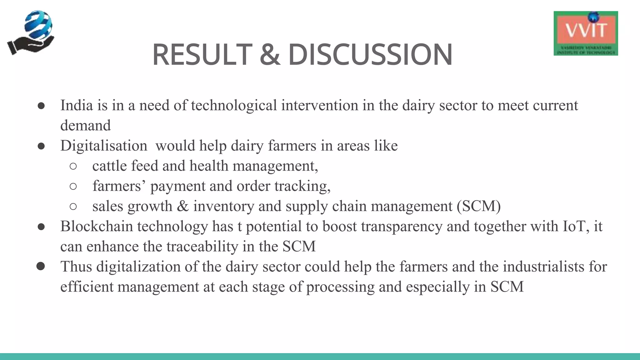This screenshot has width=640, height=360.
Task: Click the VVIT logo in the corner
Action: (586, 33)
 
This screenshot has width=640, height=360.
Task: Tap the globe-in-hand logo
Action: (31, 33)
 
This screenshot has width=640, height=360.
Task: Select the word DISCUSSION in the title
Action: (370, 55)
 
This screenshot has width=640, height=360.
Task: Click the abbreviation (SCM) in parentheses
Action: (478, 206)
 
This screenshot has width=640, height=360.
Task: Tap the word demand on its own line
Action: (85, 126)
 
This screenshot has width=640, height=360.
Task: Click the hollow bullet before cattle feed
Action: (73, 166)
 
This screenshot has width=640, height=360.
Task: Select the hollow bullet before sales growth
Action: (73, 207)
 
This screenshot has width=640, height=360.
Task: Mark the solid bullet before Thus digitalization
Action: (41, 266)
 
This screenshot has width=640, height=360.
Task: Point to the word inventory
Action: (223, 206)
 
